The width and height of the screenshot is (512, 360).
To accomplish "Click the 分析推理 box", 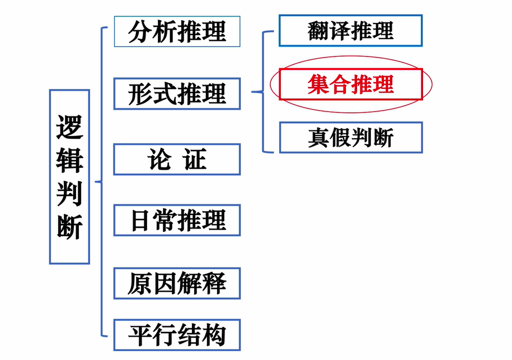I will click(x=177, y=31).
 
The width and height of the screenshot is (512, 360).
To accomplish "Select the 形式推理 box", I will click(x=177, y=93).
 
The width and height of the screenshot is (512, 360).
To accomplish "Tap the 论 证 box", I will click(x=177, y=160).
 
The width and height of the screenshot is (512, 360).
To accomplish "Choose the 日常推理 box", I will click(x=177, y=220).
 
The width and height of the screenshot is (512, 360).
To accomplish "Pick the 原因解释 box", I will click(x=177, y=283).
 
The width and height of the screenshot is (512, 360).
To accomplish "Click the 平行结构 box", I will click(x=177, y=335).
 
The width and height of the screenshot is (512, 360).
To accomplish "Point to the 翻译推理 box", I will click(x=350, y=30).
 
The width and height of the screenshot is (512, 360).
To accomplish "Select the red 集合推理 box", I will click(x=350, y=84).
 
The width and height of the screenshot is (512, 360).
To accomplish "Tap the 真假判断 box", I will click(x=350, y=137).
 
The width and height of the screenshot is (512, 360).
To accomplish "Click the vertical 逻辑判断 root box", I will click(x=69, y=176).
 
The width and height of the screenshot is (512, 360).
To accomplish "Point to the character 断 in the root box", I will click(x=69, y=227).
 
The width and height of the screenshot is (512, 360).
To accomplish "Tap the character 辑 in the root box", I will click(x=69, y=161).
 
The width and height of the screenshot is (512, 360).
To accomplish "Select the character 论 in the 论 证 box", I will click(x=158, y=160).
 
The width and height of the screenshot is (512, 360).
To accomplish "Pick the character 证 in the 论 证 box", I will click(x=195, y=160).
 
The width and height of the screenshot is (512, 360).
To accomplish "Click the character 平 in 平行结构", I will click(x=140, y=335).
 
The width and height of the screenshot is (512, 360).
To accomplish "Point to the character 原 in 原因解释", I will click(x=140, y=283).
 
